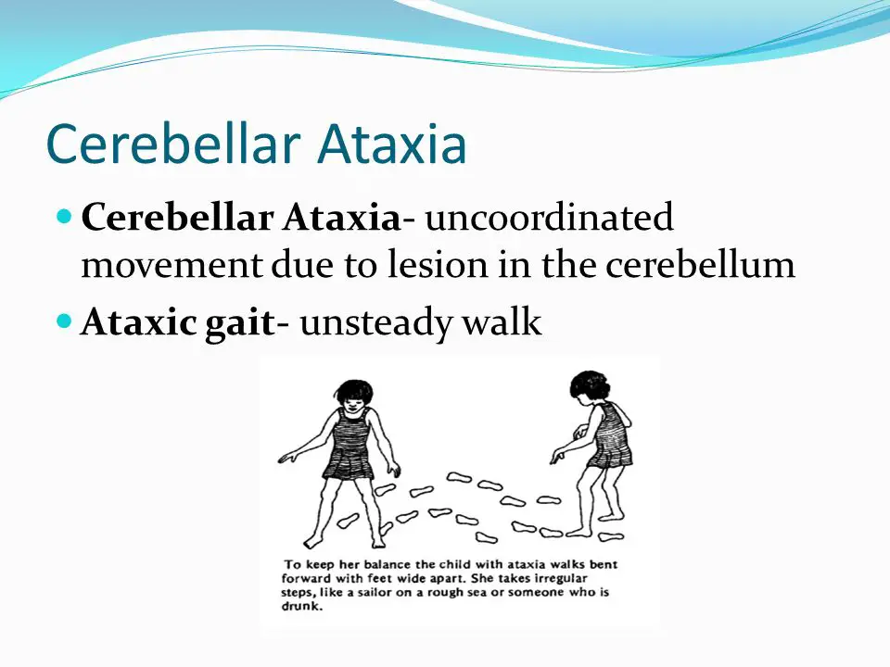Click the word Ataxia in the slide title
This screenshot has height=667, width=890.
391,144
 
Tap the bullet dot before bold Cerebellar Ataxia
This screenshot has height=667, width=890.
65,216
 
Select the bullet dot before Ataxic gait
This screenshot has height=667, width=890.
65,321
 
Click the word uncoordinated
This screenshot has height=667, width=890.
549,217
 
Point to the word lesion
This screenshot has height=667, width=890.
438,264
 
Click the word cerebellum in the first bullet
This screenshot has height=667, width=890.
701,264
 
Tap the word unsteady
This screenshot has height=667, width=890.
376,322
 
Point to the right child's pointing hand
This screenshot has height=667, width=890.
558,455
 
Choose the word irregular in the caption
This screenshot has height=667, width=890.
561,578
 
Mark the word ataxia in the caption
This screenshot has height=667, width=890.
527,564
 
